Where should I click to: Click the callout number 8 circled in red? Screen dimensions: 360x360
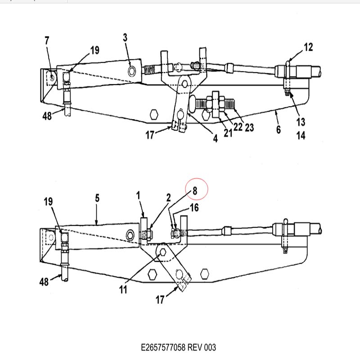coord(195,190)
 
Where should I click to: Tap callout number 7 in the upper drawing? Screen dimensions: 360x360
coord(47,40)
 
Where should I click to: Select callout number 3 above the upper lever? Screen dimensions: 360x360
coord(125,37)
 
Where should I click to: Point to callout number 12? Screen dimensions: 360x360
coord(308,47)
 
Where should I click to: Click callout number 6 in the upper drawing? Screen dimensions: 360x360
coord(279,130)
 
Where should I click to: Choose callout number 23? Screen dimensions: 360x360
coord(249,128)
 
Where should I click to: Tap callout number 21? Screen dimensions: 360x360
coord(228,133)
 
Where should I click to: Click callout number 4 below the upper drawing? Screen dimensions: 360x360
coord(216,139)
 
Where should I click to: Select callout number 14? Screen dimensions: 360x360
coord(301,135)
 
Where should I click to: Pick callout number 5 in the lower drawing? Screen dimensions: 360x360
coord(97,198)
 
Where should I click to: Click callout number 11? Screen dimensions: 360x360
coord(123,289)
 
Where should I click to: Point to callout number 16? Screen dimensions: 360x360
coord(194,207)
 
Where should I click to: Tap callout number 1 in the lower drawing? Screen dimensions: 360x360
coord(138,196)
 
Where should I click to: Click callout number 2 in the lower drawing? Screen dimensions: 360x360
coord(169,198)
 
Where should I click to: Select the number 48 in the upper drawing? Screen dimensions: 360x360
coord(47,116)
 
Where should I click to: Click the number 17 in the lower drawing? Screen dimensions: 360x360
coord(160,300)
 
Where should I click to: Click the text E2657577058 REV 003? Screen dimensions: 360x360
coord(178,347)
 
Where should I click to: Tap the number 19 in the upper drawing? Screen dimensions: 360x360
coord(95,50)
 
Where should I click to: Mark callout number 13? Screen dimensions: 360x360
coord(301,122)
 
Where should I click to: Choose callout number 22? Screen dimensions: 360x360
coord(238,127)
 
